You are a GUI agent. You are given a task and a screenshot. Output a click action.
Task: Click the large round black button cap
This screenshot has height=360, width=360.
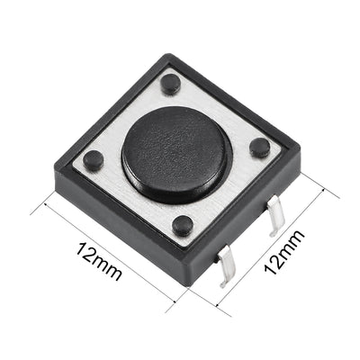click(176, 148)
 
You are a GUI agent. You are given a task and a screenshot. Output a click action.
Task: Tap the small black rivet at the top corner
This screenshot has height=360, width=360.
click(170, 86)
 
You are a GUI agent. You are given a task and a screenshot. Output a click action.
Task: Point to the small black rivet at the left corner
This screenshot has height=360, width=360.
click(92, 160)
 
